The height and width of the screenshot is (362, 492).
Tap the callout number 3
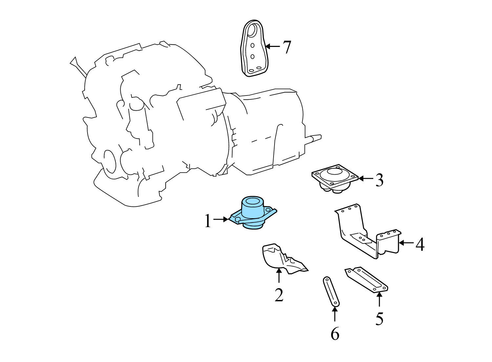[x=379, y=180]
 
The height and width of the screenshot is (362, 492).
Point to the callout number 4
[x=420, y=244]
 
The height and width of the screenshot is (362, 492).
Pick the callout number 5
[x=379, y=318]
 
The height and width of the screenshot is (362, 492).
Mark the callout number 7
[x=287, y=47]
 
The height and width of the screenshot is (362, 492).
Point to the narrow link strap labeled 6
[x=331, y=291]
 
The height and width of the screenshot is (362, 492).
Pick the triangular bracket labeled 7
[x=253, y=49]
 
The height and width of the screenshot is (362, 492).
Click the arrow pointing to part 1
[x=221, y=219]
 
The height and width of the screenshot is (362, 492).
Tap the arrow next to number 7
[x=272, y=46]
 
